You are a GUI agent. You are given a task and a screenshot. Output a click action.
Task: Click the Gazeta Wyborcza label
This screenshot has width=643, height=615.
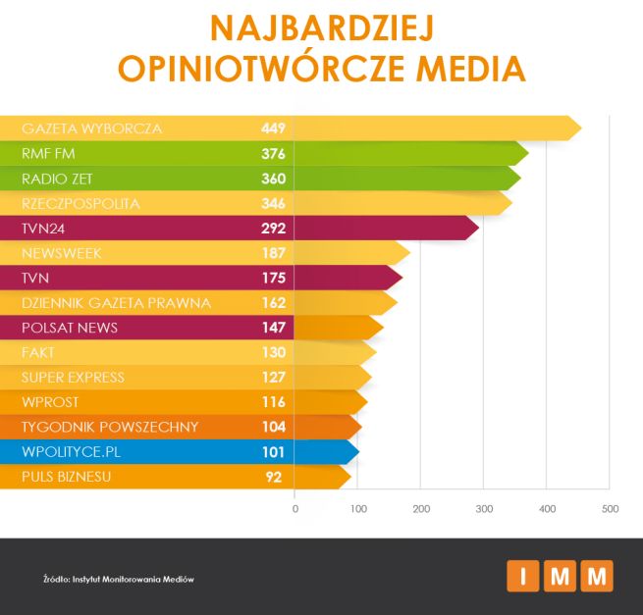coord(91,128)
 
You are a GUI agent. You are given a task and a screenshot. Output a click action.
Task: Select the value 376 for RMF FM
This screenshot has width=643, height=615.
coord(273,154)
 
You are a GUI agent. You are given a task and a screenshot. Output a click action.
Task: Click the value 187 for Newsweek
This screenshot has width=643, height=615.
coord(273,253)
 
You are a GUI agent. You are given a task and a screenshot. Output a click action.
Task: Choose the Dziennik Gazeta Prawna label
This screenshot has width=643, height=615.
coord(116,303)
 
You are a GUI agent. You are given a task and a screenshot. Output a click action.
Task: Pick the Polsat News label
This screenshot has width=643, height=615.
coord(69,328)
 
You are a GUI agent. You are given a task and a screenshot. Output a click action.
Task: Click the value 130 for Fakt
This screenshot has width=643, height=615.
coord(273,352)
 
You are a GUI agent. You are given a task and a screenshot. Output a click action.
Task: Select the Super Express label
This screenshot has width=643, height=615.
coord(73,378)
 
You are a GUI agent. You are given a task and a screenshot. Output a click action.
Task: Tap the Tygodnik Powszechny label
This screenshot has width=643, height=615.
coord(110,427)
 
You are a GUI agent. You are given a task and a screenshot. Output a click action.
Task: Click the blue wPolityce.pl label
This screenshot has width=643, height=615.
coord(71,452)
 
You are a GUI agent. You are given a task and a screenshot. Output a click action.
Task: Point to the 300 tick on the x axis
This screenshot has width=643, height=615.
coord(483,508)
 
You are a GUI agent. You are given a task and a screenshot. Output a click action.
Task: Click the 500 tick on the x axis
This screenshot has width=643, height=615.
coord(610,508)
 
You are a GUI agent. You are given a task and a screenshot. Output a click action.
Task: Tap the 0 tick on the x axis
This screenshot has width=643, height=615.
coord(295,508)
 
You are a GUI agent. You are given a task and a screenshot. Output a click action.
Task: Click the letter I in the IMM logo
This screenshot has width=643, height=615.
coord(523,577)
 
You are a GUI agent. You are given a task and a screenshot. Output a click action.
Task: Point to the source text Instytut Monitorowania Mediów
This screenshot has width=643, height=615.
coord(134,579)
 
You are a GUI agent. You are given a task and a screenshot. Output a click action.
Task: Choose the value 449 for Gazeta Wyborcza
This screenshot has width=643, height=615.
coord(273,128)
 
